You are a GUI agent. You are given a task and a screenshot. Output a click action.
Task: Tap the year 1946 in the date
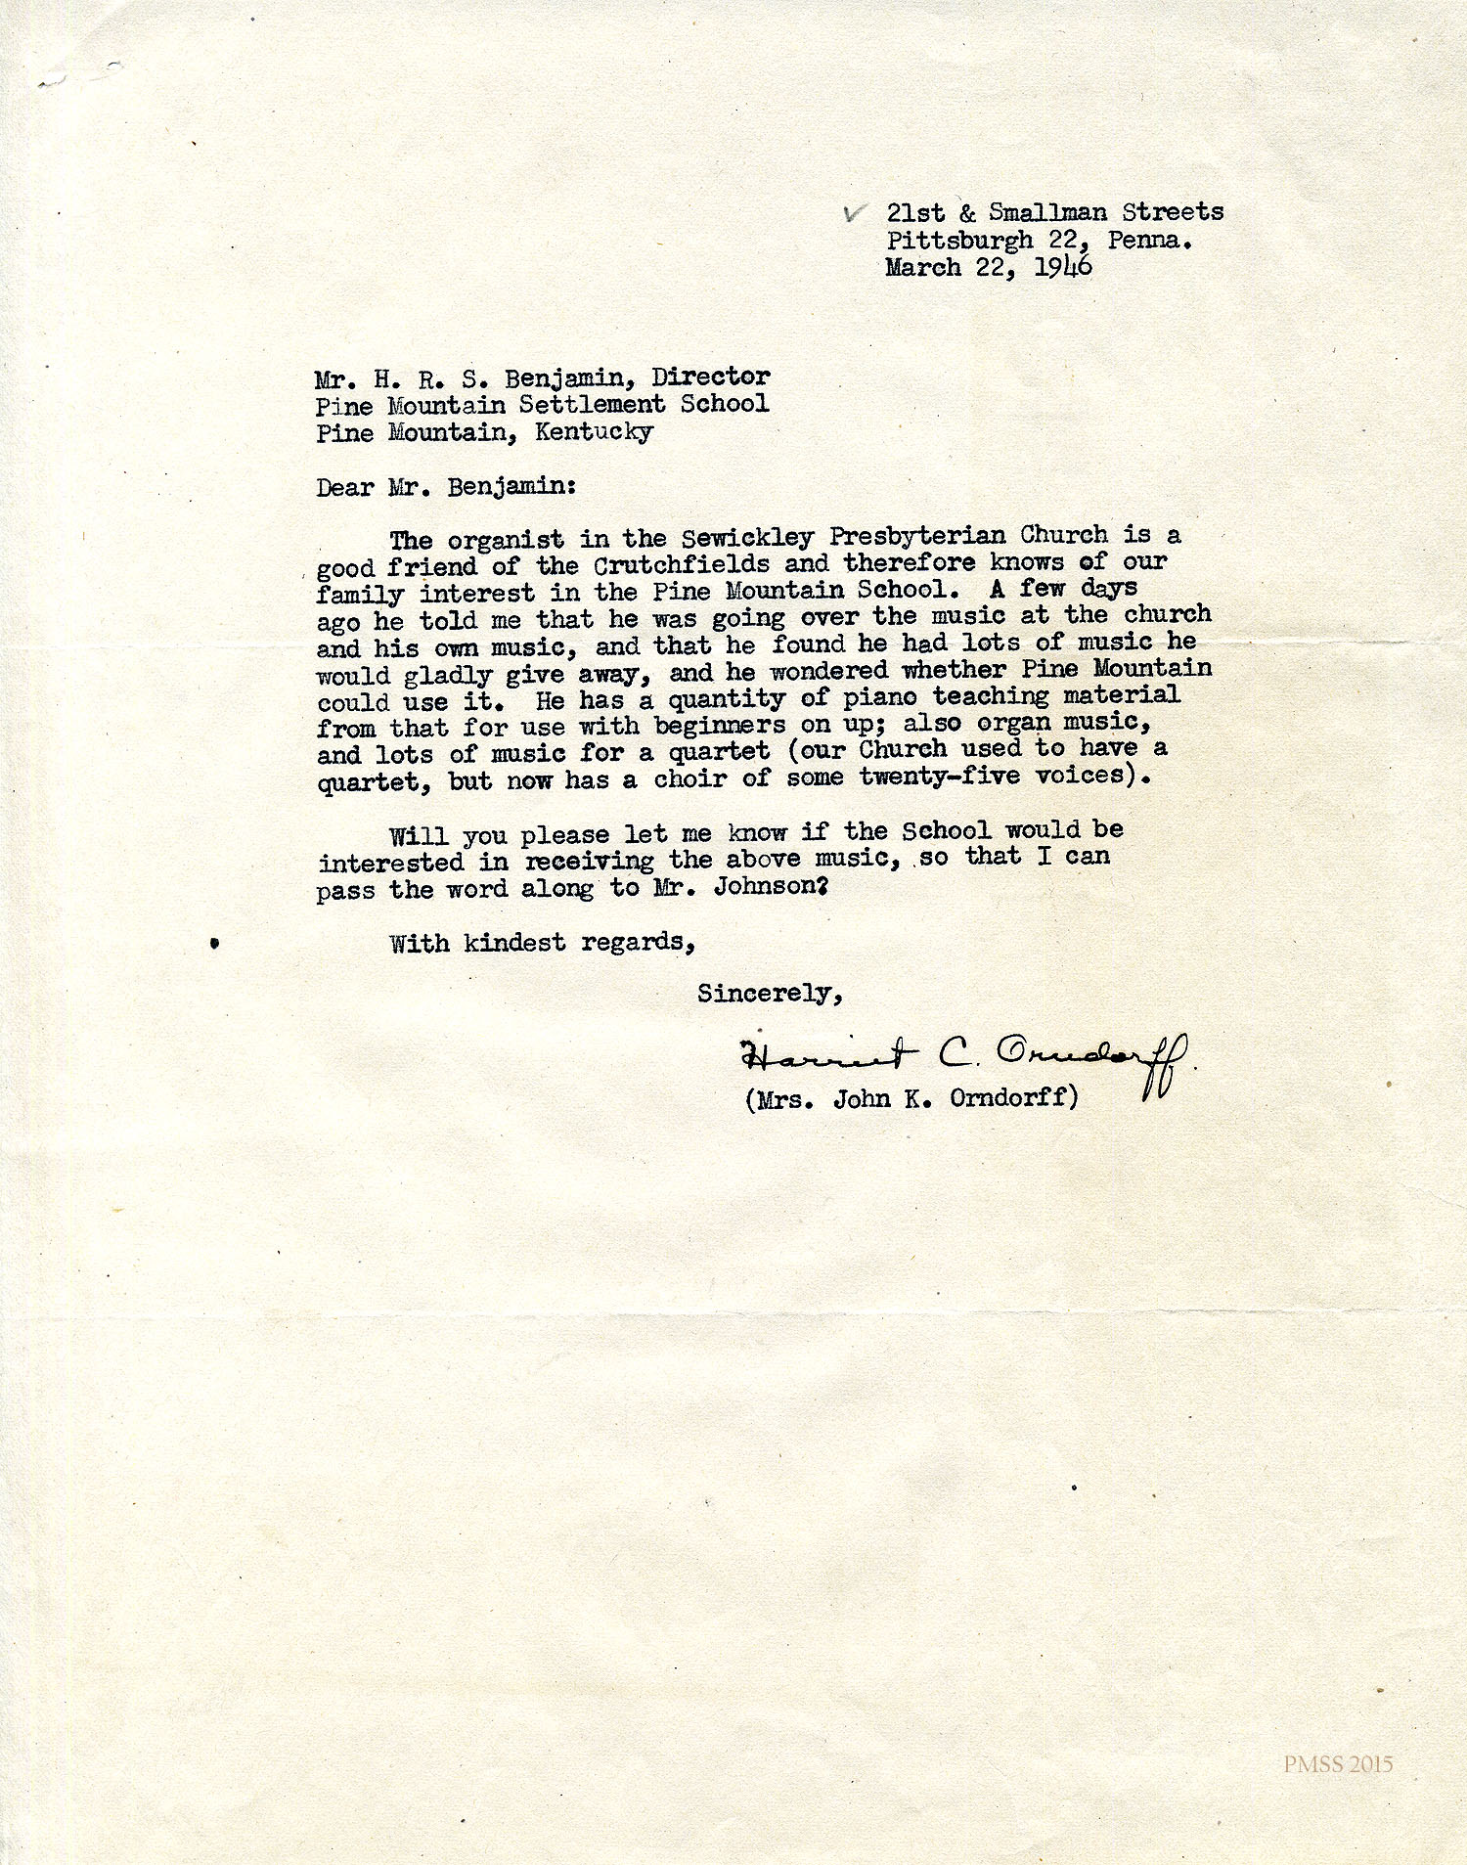[x=1063, y=267]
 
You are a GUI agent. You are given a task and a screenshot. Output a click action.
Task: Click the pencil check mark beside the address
[x=855, y=213]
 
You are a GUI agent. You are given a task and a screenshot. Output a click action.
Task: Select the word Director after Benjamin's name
[x=711, y=377]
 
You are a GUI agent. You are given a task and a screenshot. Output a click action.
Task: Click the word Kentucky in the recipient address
[x=594, y=431]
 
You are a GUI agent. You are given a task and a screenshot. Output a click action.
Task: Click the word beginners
[x=720, y=726]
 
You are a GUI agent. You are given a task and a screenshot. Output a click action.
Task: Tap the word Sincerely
[x=770, y=994]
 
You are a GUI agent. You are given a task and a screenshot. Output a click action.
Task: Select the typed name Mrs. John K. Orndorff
[x=911, y=1099]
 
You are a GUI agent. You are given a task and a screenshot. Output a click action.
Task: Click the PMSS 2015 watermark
[x=1338, y=1765]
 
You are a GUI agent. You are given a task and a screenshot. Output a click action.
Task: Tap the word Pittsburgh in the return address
[x=959, y=240]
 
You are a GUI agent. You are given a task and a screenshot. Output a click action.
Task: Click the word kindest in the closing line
[x=514, y=943]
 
